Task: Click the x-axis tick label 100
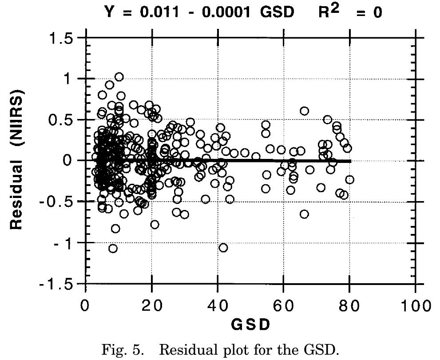(x=415, y=306)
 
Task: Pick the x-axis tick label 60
(x=283, y=306)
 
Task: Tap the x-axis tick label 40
(x=218, y=306)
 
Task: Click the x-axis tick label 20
(x=152, y=306)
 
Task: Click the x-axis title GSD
(x=250, y=325)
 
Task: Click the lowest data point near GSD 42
(x=223, y=247)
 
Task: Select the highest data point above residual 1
(x=119, y=77)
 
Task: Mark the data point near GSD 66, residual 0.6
(x=304, y=111)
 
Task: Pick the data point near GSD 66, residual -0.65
(x=304, y=214)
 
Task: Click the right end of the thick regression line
(x=350, y=161)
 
